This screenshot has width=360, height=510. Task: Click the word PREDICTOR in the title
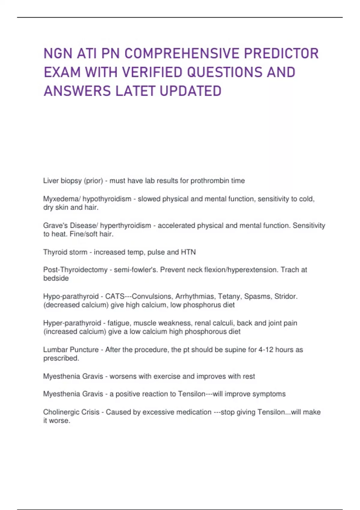coord(281,54)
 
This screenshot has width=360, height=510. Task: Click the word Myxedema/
coord(62,199)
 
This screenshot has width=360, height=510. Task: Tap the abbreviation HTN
coord(188,252)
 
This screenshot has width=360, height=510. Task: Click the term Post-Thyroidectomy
coord(75,270)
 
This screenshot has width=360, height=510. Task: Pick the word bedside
coord(56,278)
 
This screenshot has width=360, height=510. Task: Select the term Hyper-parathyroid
coord(72,323)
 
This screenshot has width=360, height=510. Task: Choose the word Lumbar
coord(56,350)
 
